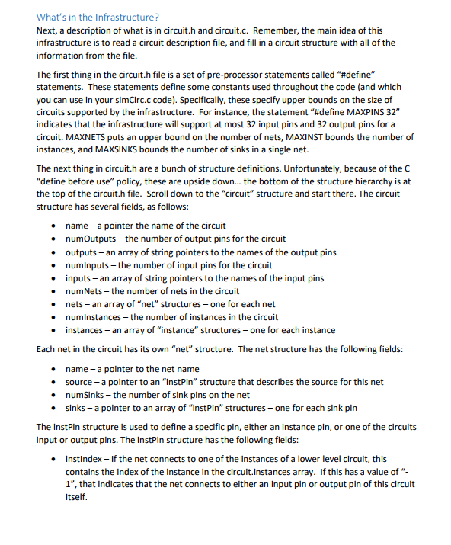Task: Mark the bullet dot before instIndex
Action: pos(51,460)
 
